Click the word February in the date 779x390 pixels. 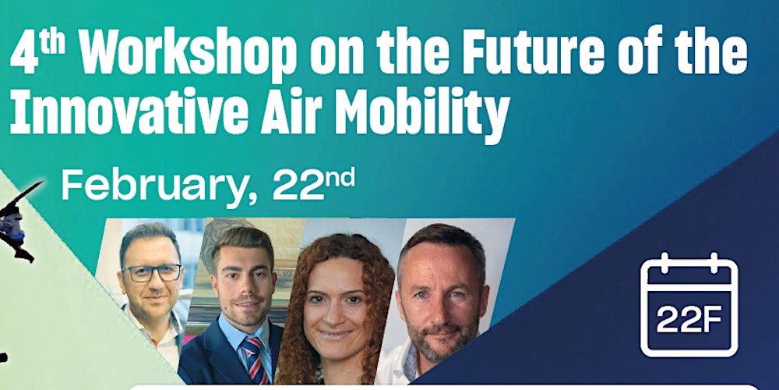point(158,186)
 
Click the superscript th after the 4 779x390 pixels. point(52,44)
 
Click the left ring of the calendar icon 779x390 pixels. point(664,263)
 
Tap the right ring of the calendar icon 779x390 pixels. point(714,263)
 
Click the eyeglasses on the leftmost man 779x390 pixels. point(152,272)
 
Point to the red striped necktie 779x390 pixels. point(252,359)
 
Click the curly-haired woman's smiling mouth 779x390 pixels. point(335,333)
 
